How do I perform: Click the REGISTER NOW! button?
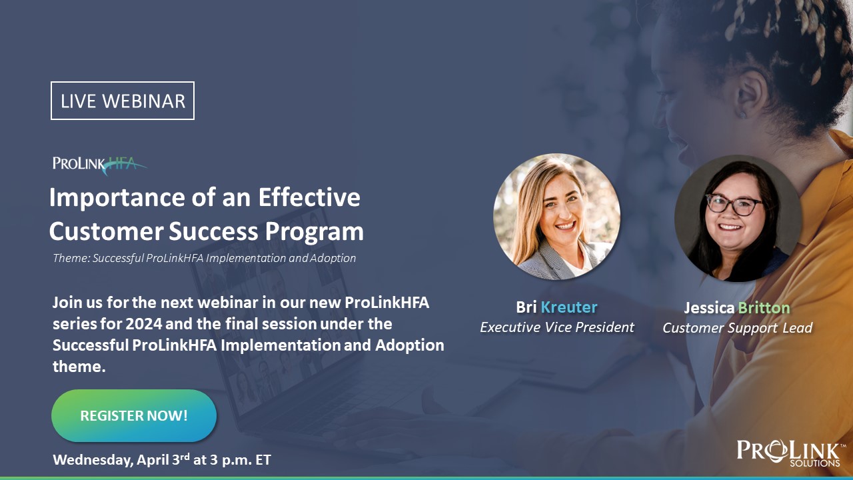pos(134,415)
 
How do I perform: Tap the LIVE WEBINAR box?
pos(123,101)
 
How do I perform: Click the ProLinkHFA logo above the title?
pos(100,165)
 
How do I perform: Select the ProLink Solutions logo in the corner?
pos(788,453)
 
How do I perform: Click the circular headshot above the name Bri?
pos(556,217)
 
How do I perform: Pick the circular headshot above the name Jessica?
pos(738,218)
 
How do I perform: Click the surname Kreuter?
pos(569,307)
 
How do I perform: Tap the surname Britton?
pos(764,308)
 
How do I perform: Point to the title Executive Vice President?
pos(557,327)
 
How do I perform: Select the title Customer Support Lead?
pos(738,328)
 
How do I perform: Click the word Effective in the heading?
pos(309,197)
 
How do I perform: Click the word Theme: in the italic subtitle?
pos(71,258)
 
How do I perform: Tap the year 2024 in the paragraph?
pos(144,324)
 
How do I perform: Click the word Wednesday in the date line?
pos(93,460)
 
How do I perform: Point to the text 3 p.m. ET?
pos(241,459)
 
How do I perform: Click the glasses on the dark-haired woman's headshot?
pos(734,205)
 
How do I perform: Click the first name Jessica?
pos(710,308)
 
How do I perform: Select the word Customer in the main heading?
pos(107,231)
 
